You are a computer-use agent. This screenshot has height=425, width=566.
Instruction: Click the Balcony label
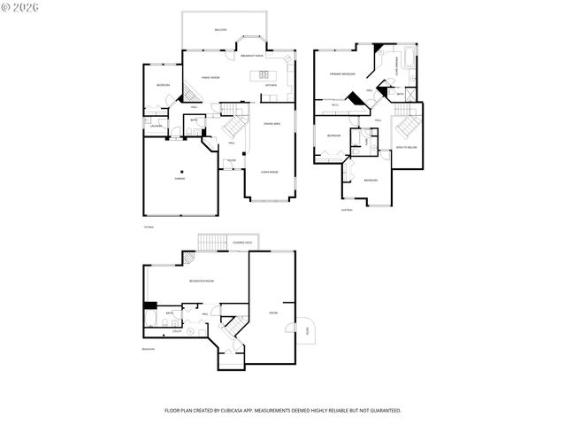(219, 30)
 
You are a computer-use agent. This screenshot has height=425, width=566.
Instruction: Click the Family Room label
(210, 77)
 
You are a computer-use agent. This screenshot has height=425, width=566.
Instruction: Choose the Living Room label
(270, 172)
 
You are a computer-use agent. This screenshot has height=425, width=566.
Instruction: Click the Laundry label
(156, 125)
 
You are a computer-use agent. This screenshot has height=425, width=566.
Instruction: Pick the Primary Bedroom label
(342, 74)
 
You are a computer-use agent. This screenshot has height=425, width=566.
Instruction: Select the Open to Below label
(407, 147)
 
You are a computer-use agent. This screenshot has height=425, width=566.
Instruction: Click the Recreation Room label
(201, 281)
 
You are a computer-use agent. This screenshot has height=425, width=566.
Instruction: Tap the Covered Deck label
(242, 243)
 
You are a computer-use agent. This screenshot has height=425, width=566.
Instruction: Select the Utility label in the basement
(177, 331)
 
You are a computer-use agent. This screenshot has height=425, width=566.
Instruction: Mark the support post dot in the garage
(182, 171)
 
